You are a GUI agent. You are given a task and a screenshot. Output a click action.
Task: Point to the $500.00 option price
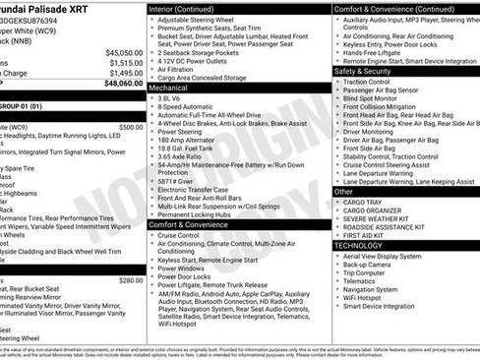coord(130,127)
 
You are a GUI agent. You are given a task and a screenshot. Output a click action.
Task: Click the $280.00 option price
coord(130,280)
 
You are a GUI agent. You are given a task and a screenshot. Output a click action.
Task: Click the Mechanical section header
coord(168,88)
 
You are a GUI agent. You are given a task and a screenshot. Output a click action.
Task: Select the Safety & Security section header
coord(363,71)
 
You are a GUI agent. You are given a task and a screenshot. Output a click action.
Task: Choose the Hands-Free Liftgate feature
coord(378,52)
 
